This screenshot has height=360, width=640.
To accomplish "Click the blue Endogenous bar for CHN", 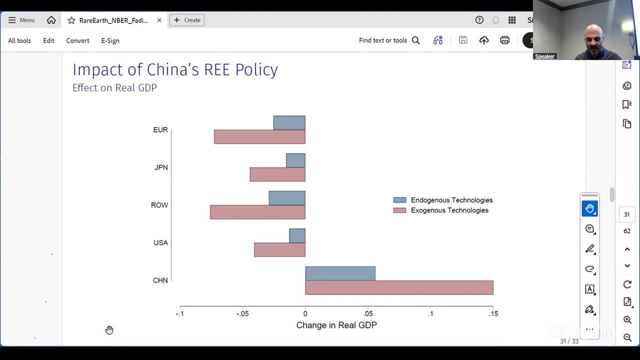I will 340,273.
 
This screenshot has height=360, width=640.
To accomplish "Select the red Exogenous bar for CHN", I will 399,287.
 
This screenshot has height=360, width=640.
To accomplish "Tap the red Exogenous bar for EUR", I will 260,137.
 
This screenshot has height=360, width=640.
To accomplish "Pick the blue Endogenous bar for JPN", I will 295,161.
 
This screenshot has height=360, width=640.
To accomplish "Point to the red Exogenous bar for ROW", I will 258,212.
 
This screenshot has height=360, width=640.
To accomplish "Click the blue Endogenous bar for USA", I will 297,236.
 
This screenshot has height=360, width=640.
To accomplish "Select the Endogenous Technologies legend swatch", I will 399,200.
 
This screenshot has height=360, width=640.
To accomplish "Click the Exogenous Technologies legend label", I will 450,211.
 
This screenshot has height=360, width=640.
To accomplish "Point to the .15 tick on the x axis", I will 493,314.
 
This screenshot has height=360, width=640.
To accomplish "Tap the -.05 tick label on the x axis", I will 242,314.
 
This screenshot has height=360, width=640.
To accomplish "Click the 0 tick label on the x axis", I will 305,314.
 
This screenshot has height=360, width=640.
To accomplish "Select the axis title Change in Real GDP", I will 337,325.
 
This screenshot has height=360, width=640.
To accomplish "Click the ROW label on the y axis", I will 159,205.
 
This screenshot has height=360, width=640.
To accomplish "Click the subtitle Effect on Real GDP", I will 115,88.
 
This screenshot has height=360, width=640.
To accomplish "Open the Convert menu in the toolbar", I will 78,41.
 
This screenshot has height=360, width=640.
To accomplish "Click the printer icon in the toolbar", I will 505,41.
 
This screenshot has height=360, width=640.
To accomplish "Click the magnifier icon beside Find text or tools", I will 416,41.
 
